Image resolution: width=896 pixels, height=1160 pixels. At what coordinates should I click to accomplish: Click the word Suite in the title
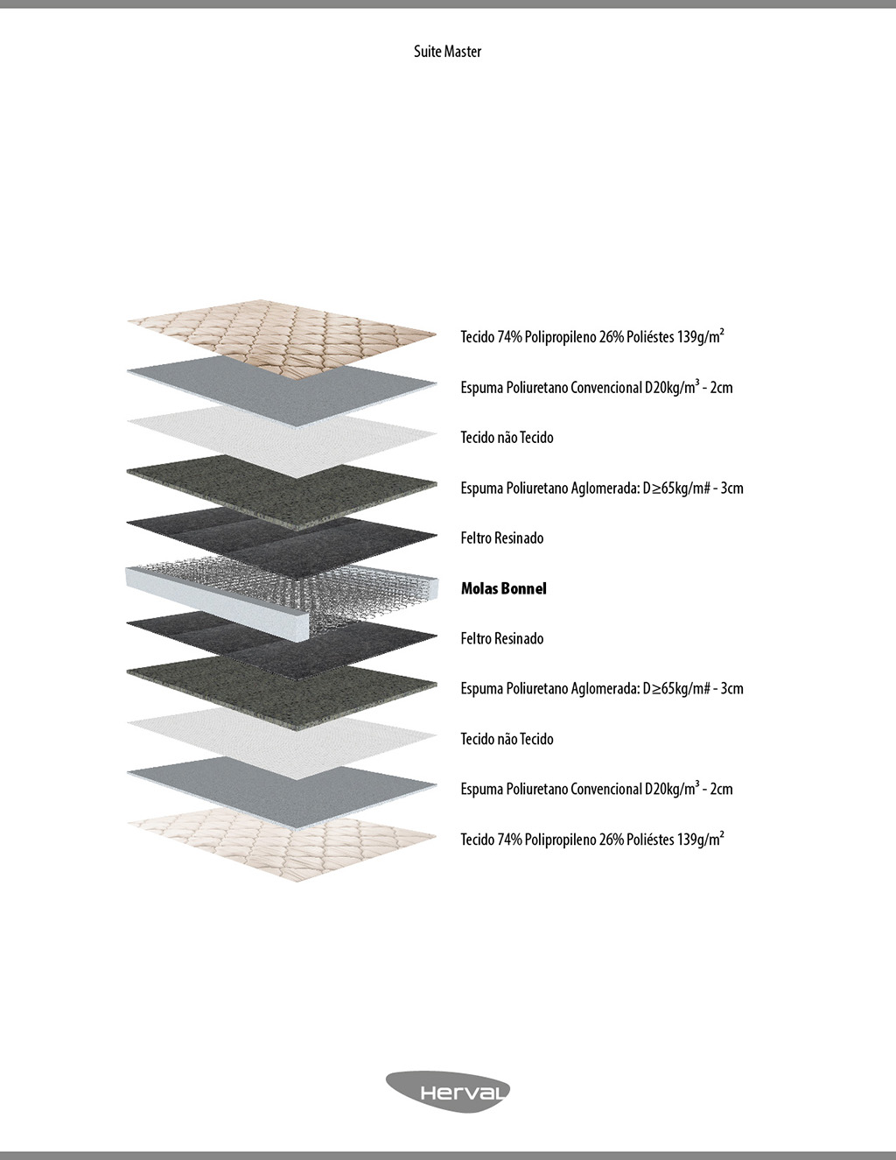click(x=427, y=52)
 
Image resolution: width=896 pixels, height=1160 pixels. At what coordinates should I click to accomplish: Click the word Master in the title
click(x=463, y=52)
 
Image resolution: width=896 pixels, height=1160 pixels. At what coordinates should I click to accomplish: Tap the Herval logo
click(x=448, y=1092)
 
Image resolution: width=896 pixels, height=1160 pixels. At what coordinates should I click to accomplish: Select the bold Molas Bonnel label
click(x=504, y=588)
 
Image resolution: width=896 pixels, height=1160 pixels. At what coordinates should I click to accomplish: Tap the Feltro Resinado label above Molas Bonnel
click(x=502, y=538)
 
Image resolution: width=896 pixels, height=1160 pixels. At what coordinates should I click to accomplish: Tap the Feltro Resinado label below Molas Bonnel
click(x=502, y=638)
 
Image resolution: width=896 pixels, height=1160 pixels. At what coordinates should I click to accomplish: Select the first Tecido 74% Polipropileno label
click(x=592, y=336)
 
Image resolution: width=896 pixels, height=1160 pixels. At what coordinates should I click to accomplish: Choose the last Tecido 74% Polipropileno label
click(x=592, y=839)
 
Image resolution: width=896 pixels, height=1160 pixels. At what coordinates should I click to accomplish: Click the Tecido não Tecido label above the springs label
click(x=507, y=437)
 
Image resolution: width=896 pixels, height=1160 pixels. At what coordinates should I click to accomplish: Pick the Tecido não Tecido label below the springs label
click(x=507, y=739)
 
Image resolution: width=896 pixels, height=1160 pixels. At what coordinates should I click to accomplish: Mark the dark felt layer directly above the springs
click(x=280, y=534)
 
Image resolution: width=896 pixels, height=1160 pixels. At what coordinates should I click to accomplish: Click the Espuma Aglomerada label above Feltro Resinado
click(x=602, y=488)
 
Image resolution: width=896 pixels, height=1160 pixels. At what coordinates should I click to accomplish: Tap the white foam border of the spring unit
click(x=219, y=594)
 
